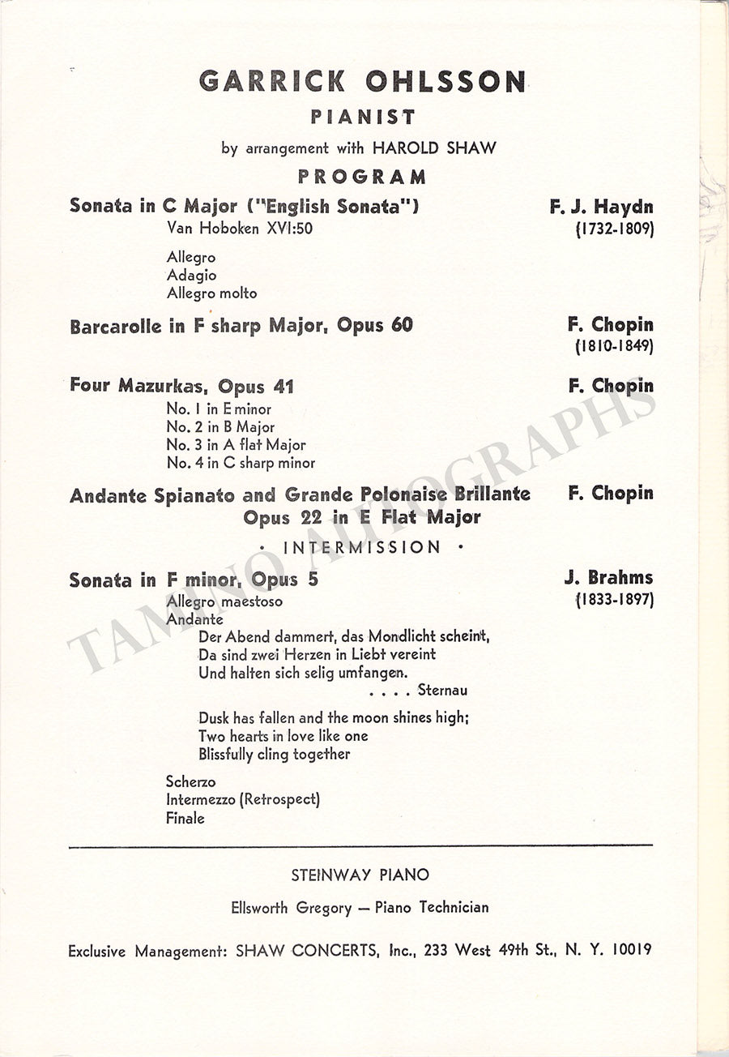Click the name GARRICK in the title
coord(271,81)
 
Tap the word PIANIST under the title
coord(363,118)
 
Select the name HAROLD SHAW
coord(434,148)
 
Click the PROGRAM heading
coord(362,177)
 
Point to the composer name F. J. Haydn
coord(601,207)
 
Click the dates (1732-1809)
coord(614,229)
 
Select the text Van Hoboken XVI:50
coord(240,229)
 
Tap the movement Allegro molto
coord(211,293)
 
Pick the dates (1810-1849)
coord(614,346)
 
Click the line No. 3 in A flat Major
coord(237,445)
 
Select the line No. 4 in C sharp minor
coord(241,463)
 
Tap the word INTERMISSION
coord(362,547)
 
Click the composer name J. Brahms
coord(608,579)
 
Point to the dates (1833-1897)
coord(614,601)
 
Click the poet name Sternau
coord(442,691)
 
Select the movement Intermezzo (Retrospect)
coord(243,799)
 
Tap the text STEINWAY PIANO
coord(360,875)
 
